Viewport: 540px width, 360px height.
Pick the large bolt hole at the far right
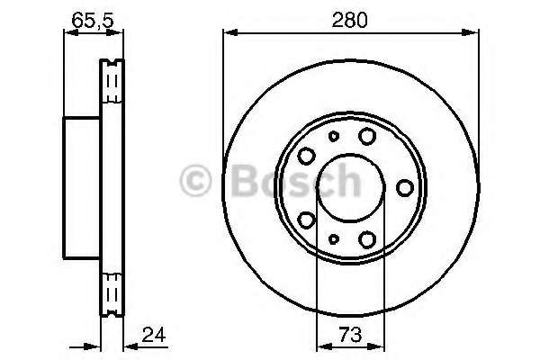pyautogui.click(x=405, y=187)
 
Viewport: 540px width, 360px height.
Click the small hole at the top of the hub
pyautogui.click(x=332, y=137)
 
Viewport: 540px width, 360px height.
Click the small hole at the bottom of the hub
pyautogui.click(x=332, y=238)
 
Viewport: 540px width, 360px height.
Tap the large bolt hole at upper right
pyautogui.click(x=366, y=136)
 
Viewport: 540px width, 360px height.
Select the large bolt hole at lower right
pyautogui.click(x=366, y=239)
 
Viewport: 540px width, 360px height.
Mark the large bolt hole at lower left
pyautogui.click(x=305, y=220)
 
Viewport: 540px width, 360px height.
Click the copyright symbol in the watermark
pyautogui.click(x=197, y=180)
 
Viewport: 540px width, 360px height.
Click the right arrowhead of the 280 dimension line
pyautogui.click(x=472, y=34)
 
